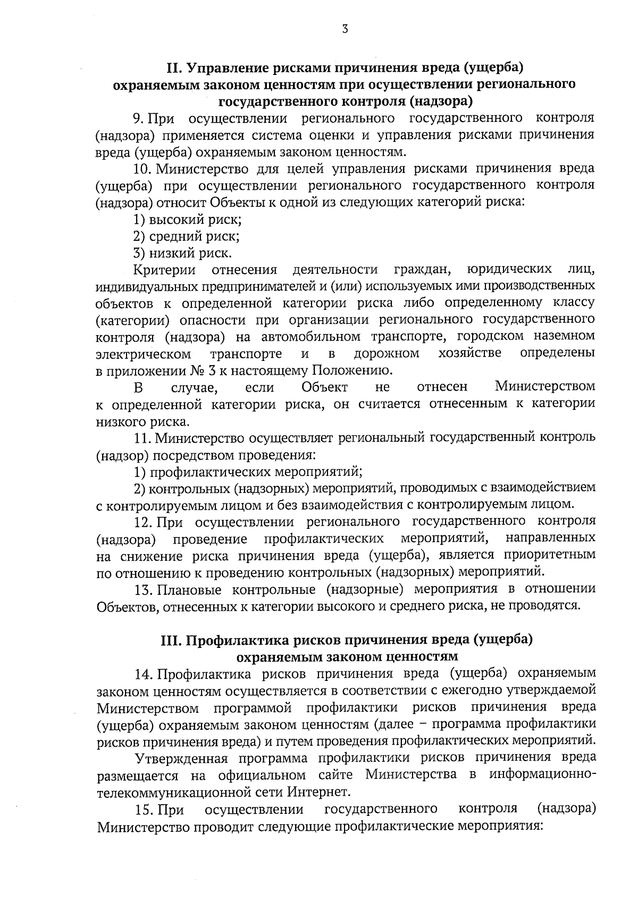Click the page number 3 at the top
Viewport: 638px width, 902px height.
pos(345,30)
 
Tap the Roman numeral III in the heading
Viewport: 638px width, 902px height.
pos(172,640)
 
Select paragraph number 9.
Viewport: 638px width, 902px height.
pos(139,117)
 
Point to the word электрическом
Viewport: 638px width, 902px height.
pos(144,354)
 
